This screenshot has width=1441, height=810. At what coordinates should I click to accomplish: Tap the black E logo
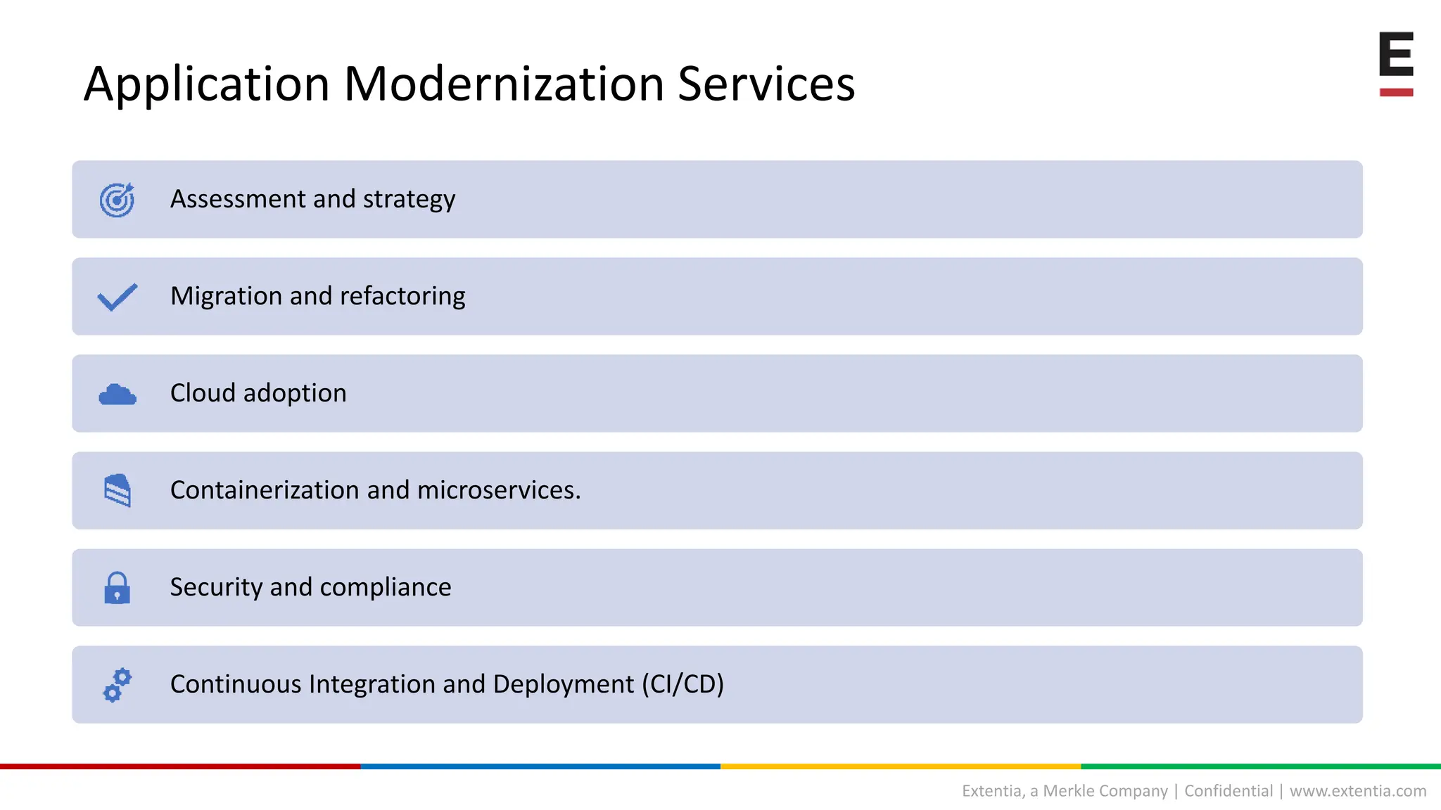tap(1396, 54)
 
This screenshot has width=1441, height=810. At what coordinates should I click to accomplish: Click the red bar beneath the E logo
tap(1396, 92)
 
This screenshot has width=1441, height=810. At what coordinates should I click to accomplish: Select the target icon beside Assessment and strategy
tap(117, 200)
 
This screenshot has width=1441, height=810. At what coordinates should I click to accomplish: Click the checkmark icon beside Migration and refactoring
tap(117, 297)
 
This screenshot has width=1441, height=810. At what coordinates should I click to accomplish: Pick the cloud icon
tap(117, 394)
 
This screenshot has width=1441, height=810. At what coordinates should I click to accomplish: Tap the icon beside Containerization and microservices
tap(117, 490)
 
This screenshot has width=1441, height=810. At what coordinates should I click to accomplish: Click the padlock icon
tap(117, 588)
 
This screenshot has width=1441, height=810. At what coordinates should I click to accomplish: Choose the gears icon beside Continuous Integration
tap(117, 685)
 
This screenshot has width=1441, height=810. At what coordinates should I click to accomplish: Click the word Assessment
tap(238, 199)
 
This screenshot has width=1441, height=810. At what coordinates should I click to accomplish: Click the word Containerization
tap(265, 490)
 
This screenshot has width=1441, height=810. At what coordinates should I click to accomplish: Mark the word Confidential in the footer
tap(1229, 791)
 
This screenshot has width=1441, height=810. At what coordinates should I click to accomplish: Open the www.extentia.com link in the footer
tap(1358, 791)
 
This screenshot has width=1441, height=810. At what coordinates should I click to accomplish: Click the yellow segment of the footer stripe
tap(901, 766)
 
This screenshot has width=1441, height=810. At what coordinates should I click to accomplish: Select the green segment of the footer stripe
tap(1261, 766)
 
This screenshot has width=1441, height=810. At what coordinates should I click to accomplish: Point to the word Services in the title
tap(766, 84)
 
